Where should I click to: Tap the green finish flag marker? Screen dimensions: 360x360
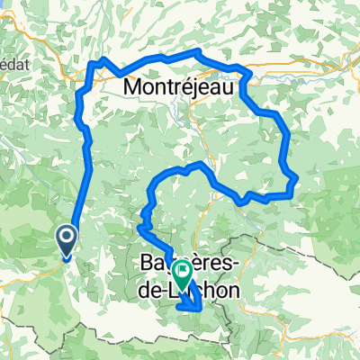(x=182, y=273)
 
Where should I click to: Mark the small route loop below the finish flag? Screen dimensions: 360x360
(x=191, y=302)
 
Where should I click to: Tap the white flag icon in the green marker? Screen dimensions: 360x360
(x=182, y=269)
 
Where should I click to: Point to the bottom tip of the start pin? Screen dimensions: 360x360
(x=67, y=258)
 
